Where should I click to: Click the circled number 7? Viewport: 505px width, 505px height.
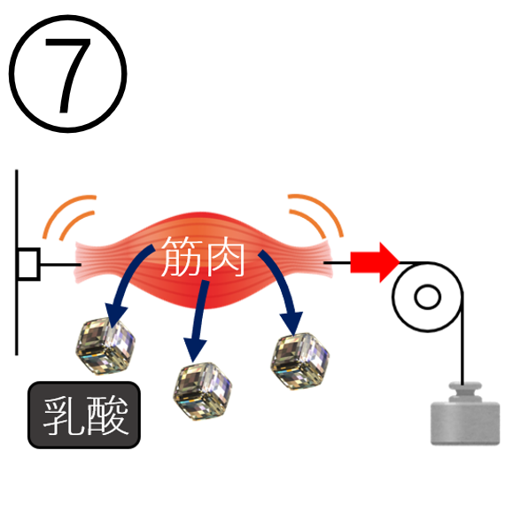[67, 74]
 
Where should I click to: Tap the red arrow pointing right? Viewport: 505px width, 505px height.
[375, 262]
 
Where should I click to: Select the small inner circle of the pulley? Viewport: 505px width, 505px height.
[427, 297]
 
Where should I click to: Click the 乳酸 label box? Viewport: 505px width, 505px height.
[84, 415]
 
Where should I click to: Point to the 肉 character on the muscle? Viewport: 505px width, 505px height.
[225, 256]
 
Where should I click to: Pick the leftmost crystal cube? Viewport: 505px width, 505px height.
[105, 346]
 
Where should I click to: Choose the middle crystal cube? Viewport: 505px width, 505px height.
[202, 391]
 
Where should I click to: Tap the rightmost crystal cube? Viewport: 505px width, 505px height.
[299, 361]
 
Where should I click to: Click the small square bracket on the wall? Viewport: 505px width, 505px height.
[29, 264]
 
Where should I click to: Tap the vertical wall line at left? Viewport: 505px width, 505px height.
[17, 262]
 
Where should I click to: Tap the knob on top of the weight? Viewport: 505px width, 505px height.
[465, 392]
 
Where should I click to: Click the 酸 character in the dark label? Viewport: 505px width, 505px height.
[107, 415]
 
